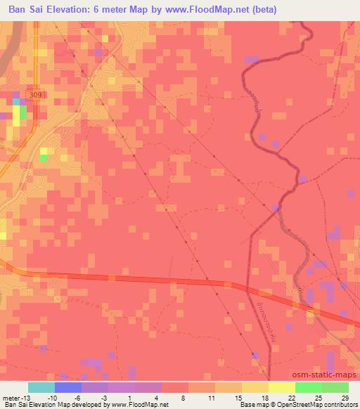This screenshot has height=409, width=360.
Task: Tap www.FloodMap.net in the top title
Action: (209, 10)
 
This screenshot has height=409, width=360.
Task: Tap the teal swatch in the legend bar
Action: (41, 387)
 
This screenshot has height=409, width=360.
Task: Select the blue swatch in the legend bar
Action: (68, 387)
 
